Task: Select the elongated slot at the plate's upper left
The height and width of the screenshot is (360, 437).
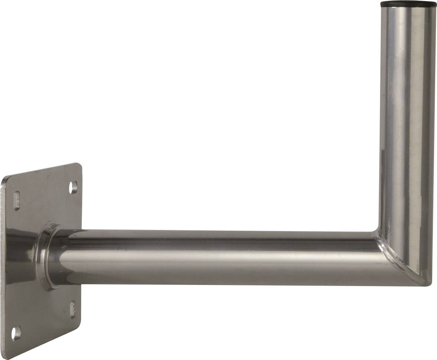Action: pos(16,200)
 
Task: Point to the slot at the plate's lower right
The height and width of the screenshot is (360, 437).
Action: pos(73,309)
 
